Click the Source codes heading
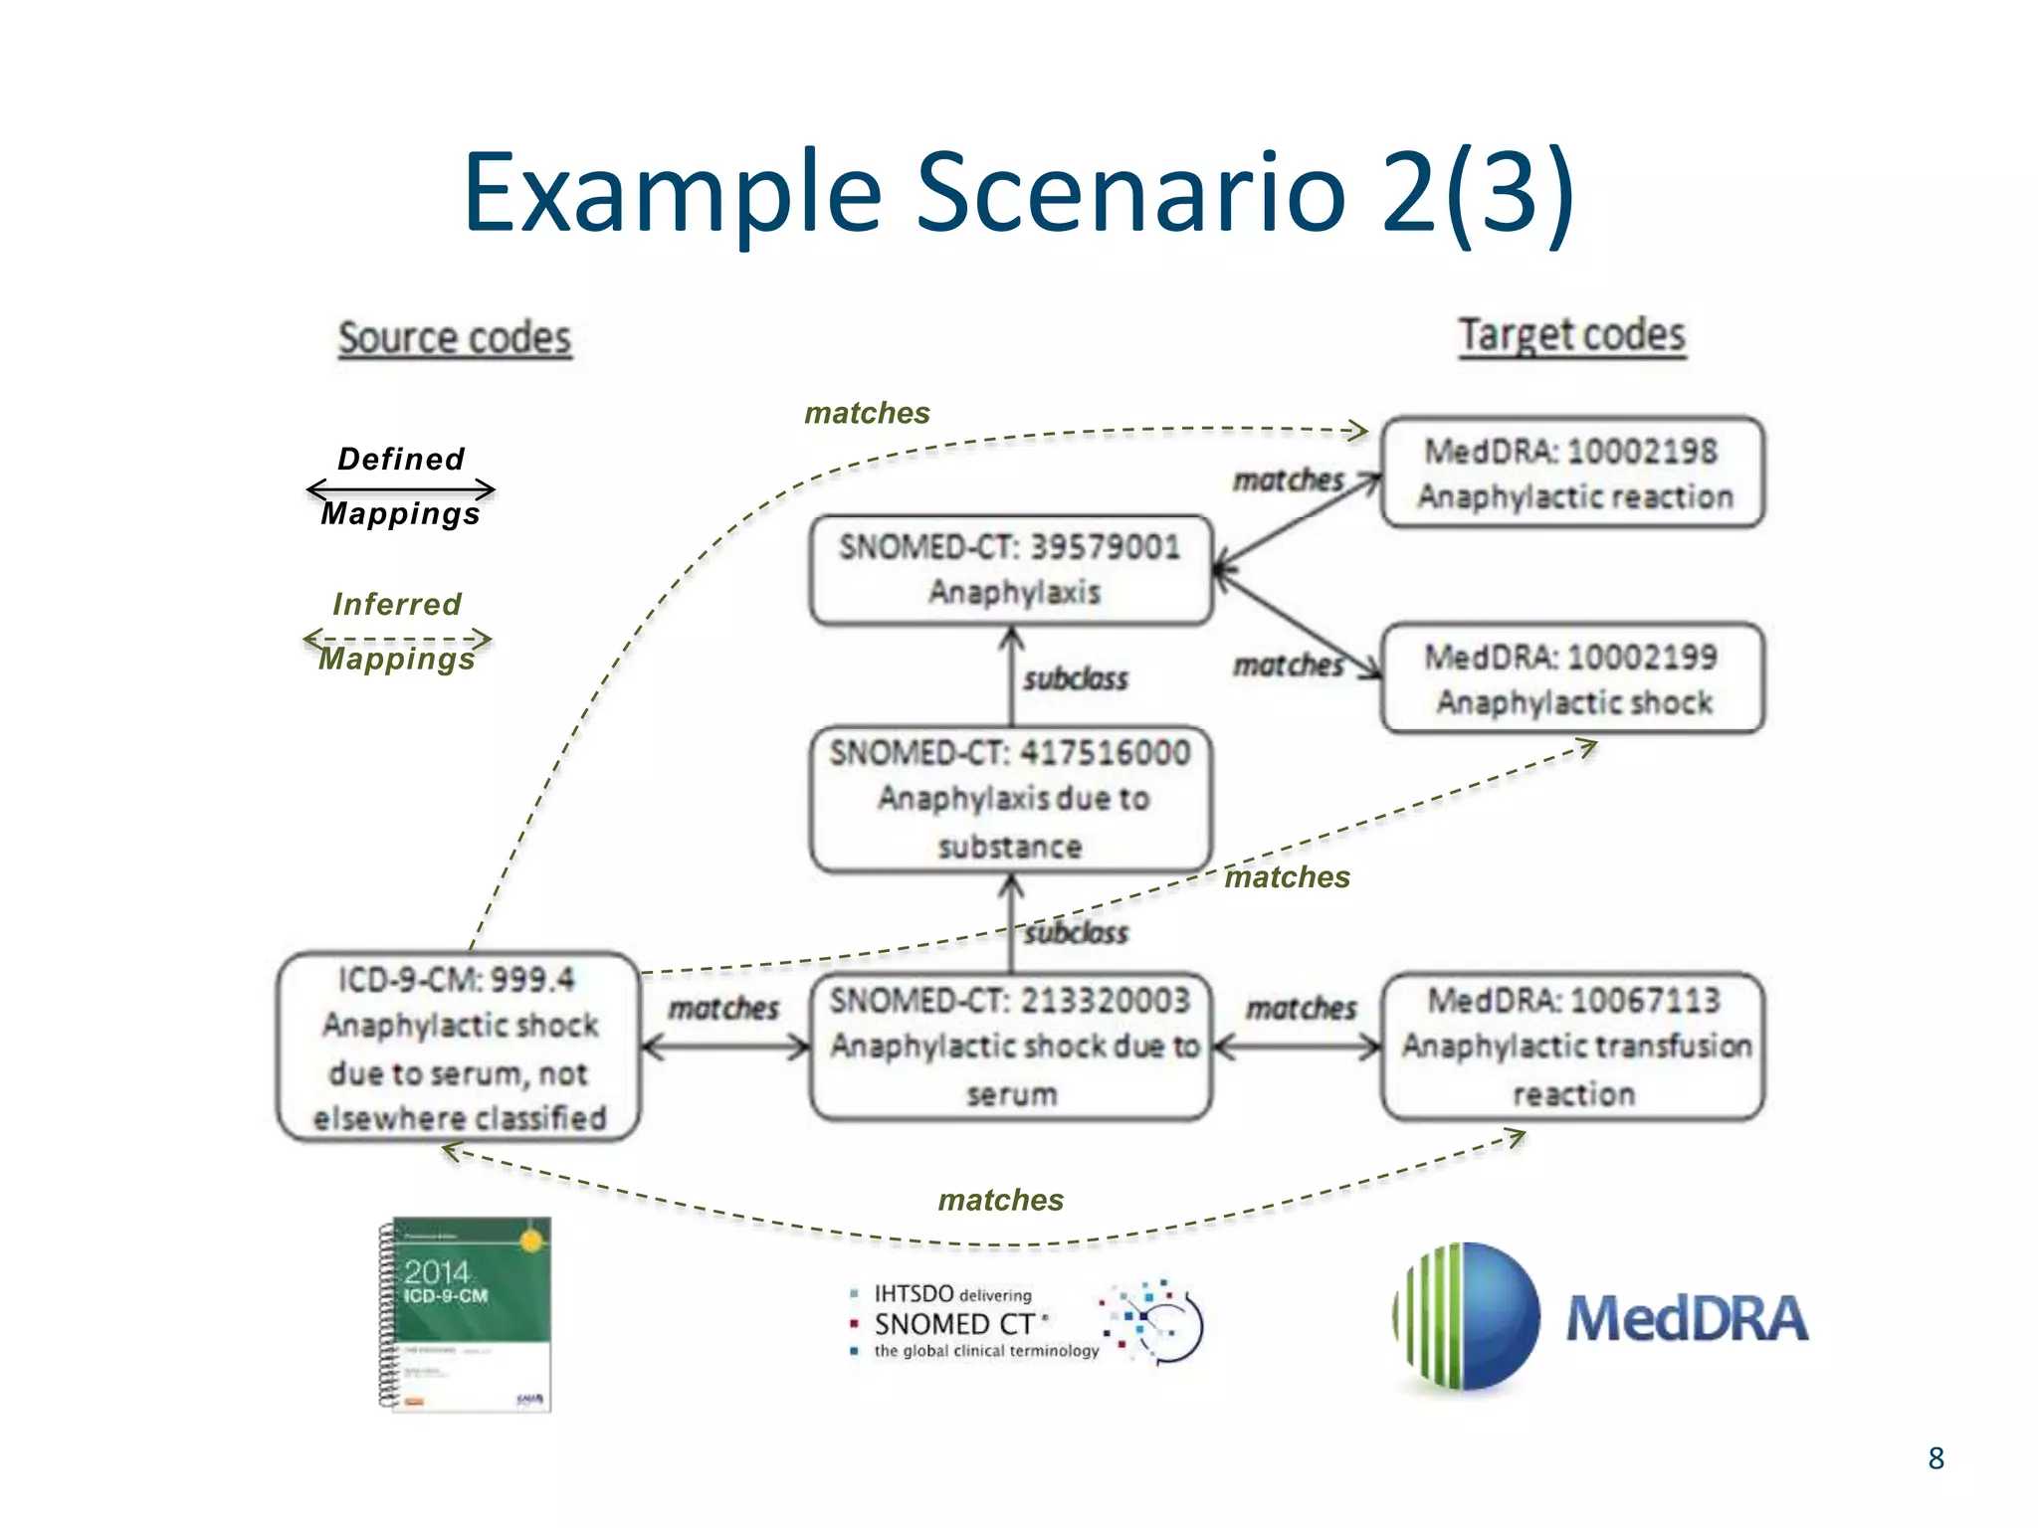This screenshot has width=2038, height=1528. point(455,338)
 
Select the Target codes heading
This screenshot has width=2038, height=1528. point(1571,335)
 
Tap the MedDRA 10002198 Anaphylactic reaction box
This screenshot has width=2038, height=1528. point(1572,473)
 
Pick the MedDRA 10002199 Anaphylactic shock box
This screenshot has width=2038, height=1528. point(1572,678)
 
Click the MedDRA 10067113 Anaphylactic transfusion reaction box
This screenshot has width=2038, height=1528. point(1572,1047)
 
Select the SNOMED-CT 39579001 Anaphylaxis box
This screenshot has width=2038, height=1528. point(1011,569)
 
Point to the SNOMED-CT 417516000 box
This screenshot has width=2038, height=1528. point(1011,799)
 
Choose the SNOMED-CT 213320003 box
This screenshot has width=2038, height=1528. point(1011,1047)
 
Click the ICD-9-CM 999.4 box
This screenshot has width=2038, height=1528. point(459,1047)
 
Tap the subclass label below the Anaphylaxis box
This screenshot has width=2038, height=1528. point(1076,679)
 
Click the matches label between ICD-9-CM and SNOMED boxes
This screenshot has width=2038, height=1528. point(723,1008)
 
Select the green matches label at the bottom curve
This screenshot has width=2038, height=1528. point(1000,1200)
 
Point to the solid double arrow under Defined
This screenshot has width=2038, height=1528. point(401,488)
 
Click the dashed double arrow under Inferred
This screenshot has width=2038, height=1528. point(397,638)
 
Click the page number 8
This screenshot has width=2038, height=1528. point(1936,1458)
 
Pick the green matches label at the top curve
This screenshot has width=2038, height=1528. point(867,413)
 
